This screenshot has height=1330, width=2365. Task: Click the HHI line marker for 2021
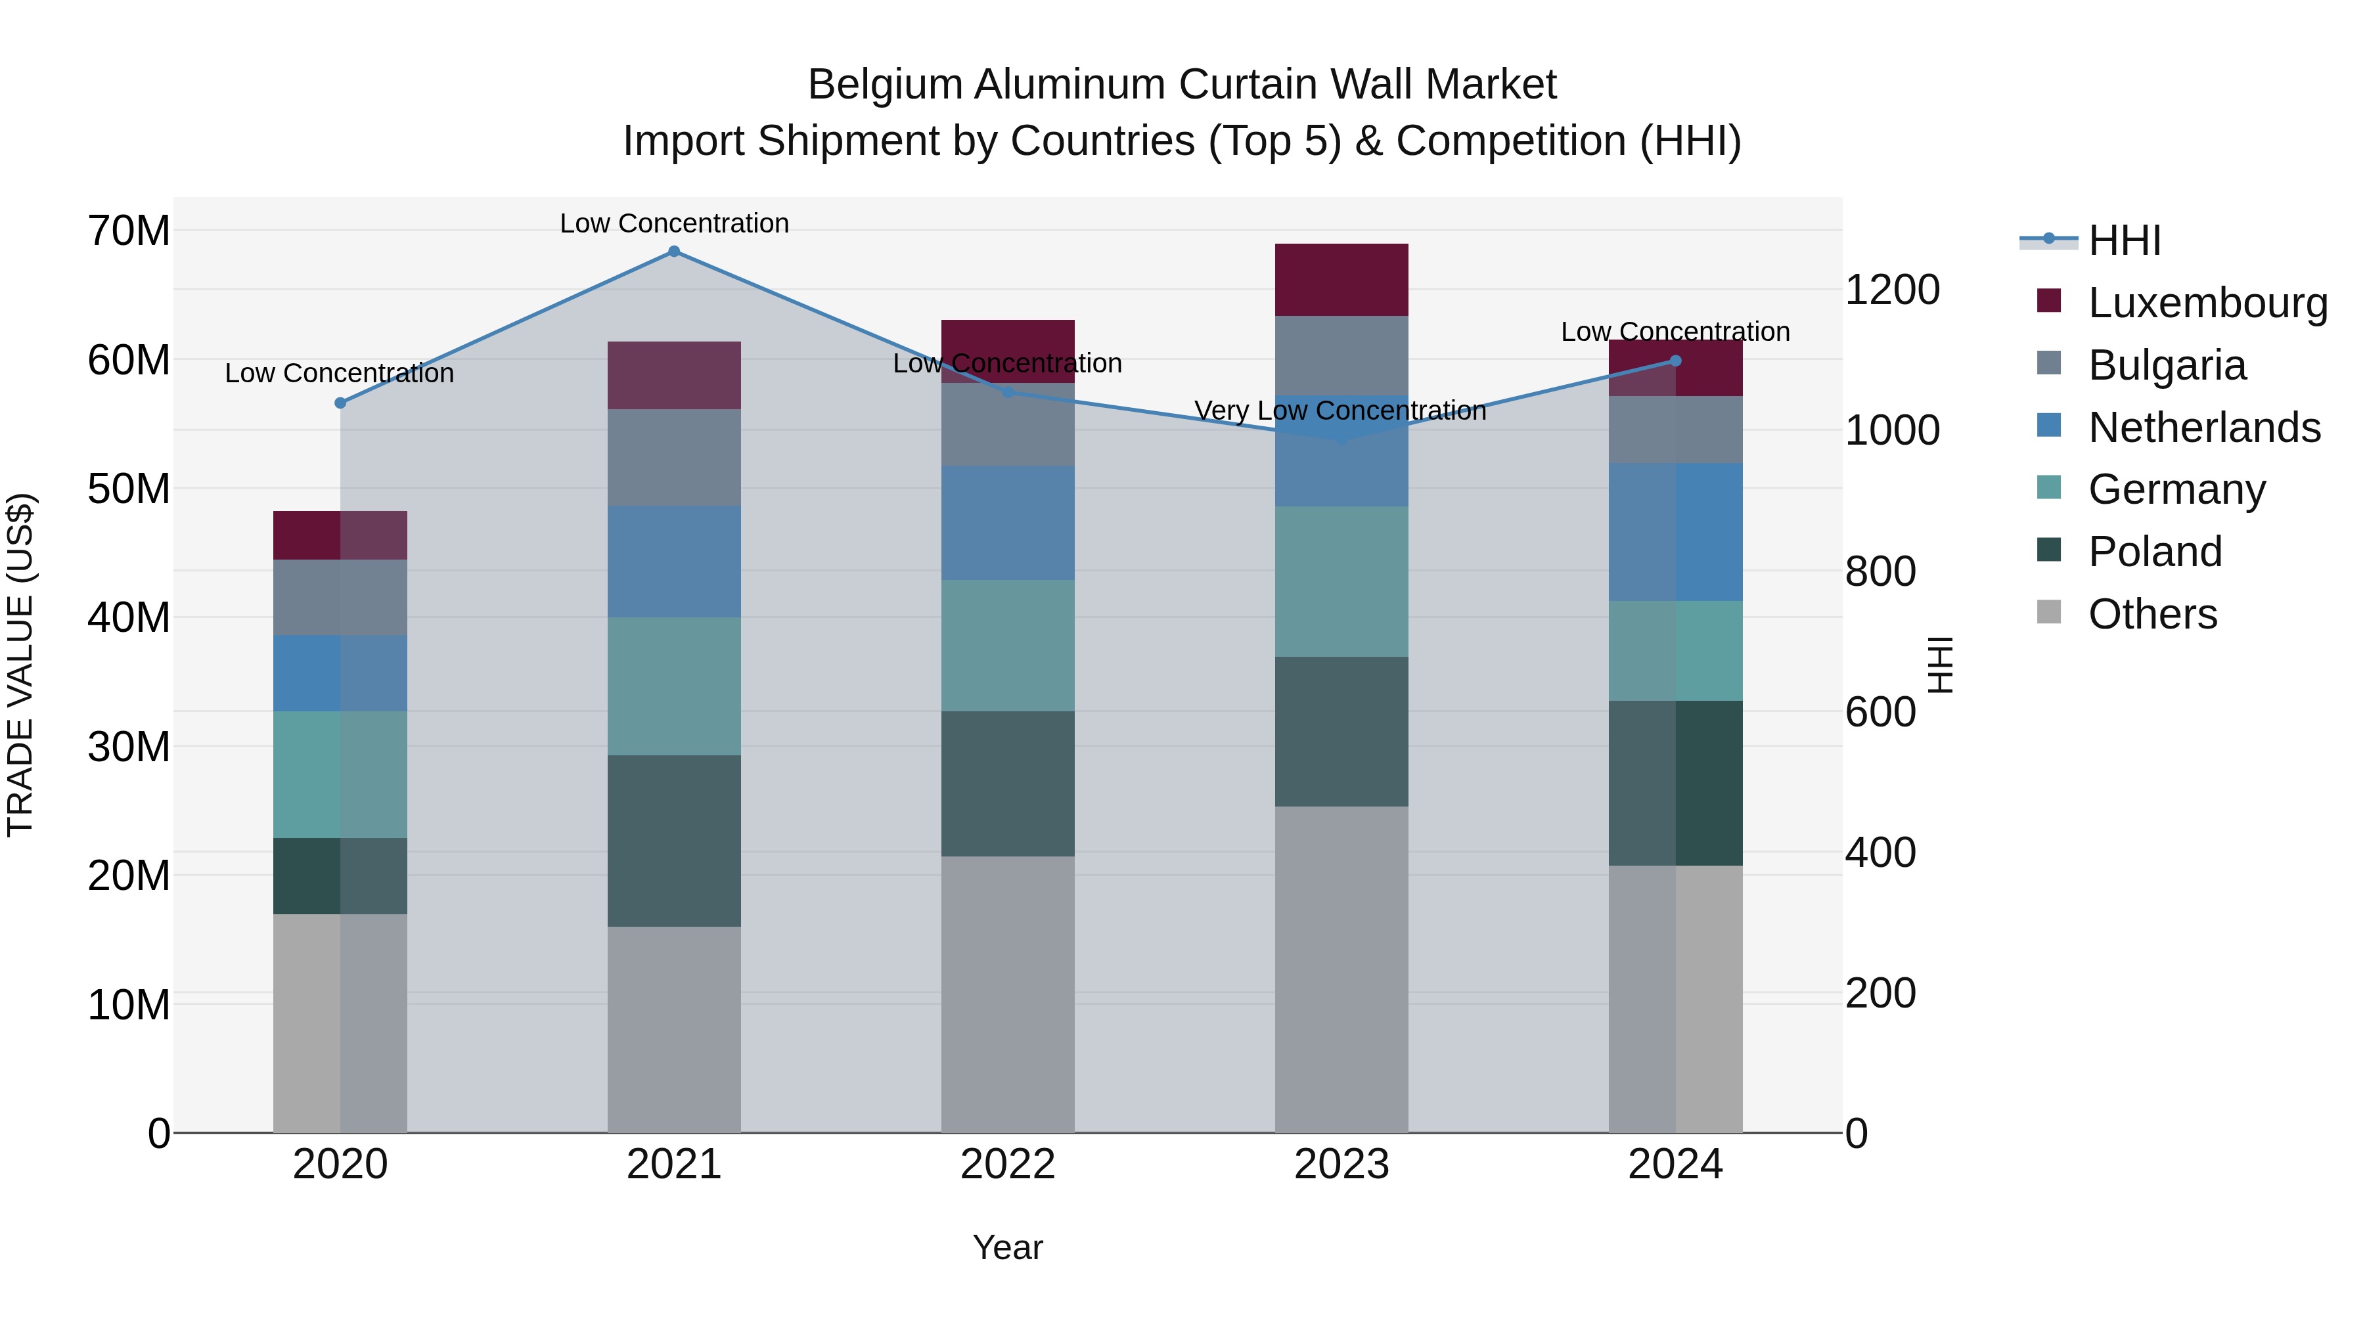click(674, 252)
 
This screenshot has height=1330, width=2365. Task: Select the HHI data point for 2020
click(340, 403)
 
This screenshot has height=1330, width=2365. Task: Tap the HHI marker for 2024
click(1675, 361)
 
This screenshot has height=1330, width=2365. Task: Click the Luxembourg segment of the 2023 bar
click(1341, 280)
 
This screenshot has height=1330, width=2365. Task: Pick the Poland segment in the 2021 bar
click(674, 841)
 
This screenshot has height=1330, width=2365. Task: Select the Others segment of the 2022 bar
click(1007, 994)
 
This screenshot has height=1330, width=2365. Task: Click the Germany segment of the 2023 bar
click(1341, 581)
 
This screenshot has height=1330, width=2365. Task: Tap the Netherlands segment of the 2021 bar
click(674, 561)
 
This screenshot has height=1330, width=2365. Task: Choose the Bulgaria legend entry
click(2166, 365)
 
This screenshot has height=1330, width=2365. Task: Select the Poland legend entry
click(2154, 552)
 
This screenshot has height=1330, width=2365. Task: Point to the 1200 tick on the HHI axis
click(1891, 290)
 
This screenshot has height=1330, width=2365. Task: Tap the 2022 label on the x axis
click(1007, 1164)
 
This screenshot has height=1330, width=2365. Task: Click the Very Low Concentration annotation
click(1340, 410)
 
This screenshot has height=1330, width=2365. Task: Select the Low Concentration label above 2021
click(674, 223)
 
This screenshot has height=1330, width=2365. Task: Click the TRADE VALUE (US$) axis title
click(20, 665)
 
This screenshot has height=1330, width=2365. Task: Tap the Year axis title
click(1007, 1247)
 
